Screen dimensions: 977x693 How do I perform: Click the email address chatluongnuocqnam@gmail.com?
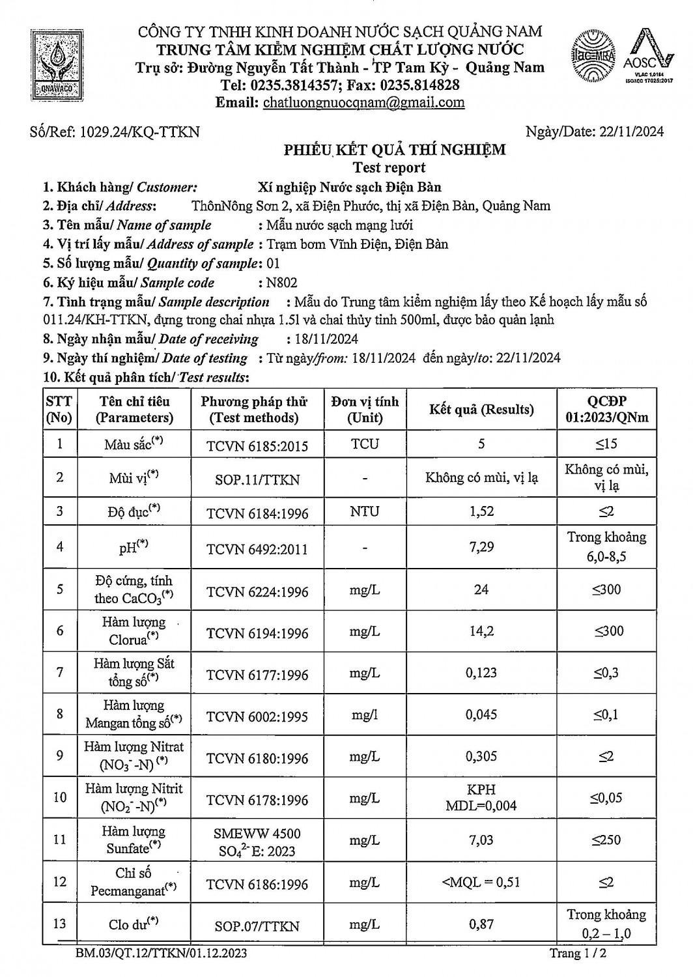click(x=363, y=102)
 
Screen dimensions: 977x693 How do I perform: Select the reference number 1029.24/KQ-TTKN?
click(x=139, y=132)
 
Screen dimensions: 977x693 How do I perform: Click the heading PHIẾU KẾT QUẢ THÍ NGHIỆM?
click(x=394, y=150)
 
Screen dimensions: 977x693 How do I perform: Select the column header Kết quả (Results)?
click(x=481, y=410)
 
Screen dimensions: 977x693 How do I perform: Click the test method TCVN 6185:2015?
click(x=257, y=446)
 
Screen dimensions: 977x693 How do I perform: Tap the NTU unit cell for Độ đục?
click(x=364, y=511)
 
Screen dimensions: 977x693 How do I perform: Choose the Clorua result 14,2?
click(x=481, y=630)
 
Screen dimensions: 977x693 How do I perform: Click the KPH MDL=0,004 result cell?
click(x=481, y=798)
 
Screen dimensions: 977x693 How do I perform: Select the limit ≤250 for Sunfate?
click(x=606, y=840)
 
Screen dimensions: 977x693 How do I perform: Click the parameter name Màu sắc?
click(x=134, y=445)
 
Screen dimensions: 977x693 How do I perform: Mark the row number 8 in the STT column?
click(x=60, y=714)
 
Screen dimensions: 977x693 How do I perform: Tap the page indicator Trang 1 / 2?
click(x=578, y=954)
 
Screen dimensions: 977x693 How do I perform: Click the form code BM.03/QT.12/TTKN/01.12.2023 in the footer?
click(x=161, y=954)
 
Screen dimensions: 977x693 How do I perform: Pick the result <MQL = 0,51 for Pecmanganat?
click(x=481, y=883)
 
